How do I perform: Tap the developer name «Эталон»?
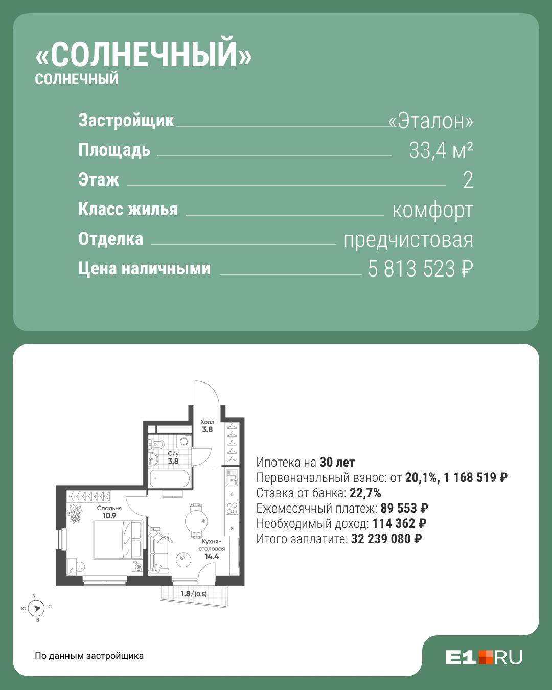(x=431, y=121)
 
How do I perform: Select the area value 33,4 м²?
(x=441, y=150)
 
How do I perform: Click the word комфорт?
(x=433, y=211)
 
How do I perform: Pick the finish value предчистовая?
(x=408, y=240)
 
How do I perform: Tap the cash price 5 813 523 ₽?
(x=421, y=268)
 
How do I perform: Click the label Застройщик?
(x=126, y=121)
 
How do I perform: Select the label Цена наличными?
(x=144, y=268)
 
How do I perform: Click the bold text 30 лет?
(x=337, y=463)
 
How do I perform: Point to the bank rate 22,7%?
(x=365, y=493)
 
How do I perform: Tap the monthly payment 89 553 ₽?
(x=404, y=508)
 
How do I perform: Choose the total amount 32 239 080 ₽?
(x=386, y=539)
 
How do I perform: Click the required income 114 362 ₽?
(x=399, y=523)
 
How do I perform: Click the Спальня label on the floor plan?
(x=109, y=508)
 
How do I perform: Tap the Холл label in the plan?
(x=207, y=422)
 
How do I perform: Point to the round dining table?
(x=196, y=521)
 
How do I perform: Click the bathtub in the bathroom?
(x=170, y=478)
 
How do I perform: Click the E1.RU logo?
(x=484, y=657)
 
